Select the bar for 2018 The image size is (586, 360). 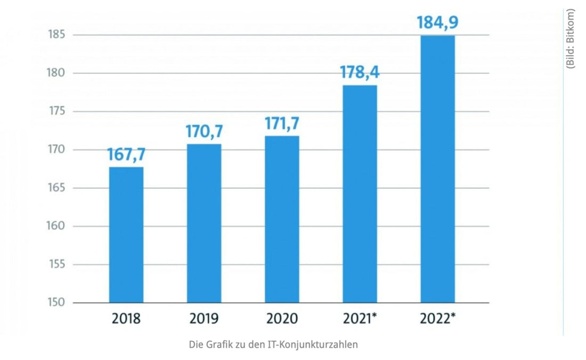(x=126, y=235)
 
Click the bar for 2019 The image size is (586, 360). (x=204, y=224)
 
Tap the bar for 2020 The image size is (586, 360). (x=282, y=219)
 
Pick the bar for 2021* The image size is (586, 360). (x=360, y=194)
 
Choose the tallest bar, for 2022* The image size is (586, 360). (x=437, y=169)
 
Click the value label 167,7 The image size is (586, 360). (x=126, y=155)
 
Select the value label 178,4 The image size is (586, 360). (x=360, y=72)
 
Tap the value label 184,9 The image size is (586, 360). (x=437, y=23)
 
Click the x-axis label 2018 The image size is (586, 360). (x=126, y=319)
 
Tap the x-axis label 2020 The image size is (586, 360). (x=282, y=319)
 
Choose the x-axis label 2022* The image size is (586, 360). (x=437, y=319)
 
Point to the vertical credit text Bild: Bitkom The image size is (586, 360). (x=571, y=38)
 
